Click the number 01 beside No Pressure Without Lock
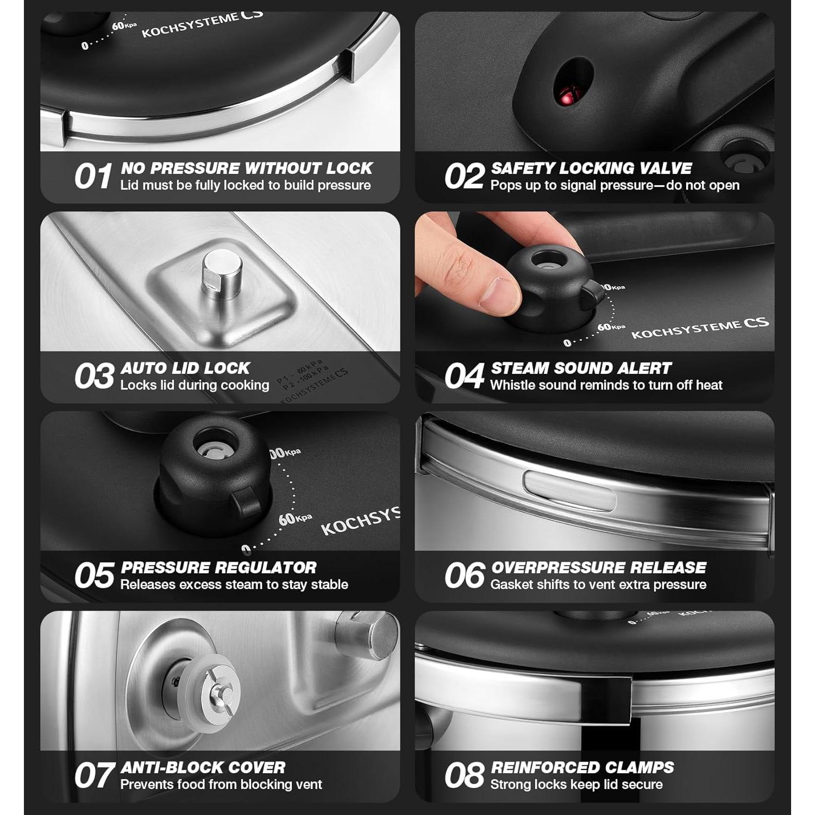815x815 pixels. pyautogui.click(x=93, y=177)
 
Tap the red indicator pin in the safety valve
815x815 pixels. pyautogui.click(x=568, y=97)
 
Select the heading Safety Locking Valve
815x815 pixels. pyautogui.click(x=591, y=168)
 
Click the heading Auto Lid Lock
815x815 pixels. pyautogui.click(x=185, y=368)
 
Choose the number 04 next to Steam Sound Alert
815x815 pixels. pyautogui.click(x=463, y=376)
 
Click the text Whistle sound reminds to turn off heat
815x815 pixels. pyautogui.click(x=606, y=385)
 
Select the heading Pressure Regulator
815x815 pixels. pyautogui.click(x=218, y=567)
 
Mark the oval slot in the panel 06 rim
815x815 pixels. pyautogui.click(x=569, y=490)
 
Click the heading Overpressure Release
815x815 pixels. pyautogui.click(x=598, y=567)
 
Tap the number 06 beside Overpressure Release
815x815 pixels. pyautogui.click(x=464, y=575)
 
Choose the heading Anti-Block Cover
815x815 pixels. pyautogui.click(x=203, y=767)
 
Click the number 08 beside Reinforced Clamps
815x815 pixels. pyautogui.click(x=464, y=775)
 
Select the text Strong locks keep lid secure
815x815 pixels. pyautogui.click(x=576, y=785)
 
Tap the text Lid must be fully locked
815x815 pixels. pyautogui.click(x=246, y=185)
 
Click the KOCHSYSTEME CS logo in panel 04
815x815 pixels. pyautogui.click(x=700, y=328)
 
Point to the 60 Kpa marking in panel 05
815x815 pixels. pyautogui.click(x=294, y=518)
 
